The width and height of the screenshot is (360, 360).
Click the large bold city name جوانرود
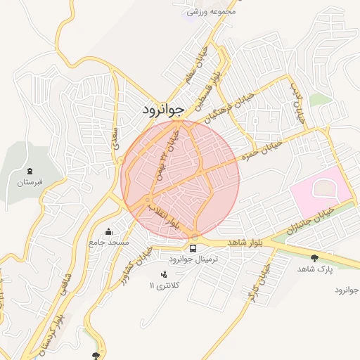(162, 110)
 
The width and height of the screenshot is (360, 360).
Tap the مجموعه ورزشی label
(210, 11)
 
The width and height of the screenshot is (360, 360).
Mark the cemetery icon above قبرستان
(30, 172)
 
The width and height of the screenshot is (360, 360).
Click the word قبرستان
(30, 183)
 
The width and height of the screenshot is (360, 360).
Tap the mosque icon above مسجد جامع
(108, 232)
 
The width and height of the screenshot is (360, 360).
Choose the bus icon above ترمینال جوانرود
(193, 248)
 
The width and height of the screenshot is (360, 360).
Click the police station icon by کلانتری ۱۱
(164, 274)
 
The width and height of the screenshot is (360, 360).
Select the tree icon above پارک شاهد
(314, 259)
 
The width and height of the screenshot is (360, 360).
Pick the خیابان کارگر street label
(258, 283)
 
